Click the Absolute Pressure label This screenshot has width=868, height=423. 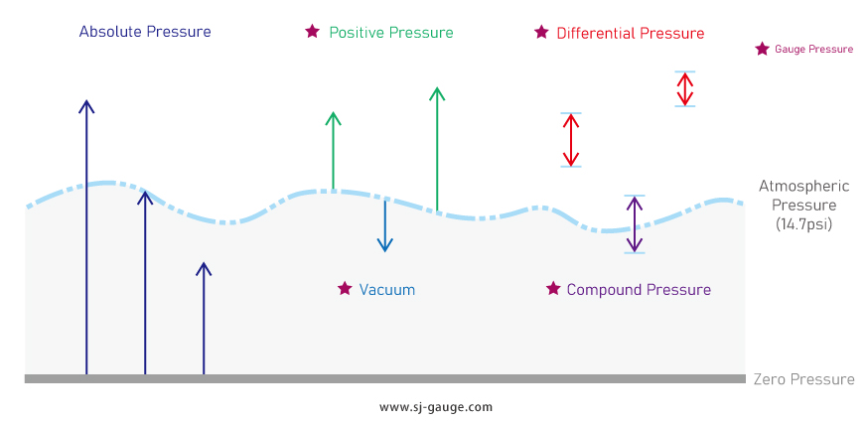(145, 31)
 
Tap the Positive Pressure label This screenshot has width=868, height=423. (390, 33)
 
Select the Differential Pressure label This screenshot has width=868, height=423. (630, 33)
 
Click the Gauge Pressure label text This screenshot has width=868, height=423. (813, 49)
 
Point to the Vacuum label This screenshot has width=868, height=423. (386, 290)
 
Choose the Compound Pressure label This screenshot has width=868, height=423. (639, 290)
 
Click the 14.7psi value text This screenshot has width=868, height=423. (803, 224)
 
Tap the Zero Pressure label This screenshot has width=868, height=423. (803, 379)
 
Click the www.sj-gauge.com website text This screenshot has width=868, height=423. (435, 407)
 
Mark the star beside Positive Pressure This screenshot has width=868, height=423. (313, 32)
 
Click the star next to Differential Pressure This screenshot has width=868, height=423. (541, 32)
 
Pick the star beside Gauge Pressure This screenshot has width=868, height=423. (762, 49)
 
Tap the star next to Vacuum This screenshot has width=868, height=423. (345, 289)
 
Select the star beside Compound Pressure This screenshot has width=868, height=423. (553, 289)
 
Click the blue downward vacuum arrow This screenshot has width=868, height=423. (385, 224)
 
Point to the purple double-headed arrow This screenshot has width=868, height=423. (635, 224)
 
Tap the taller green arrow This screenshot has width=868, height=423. (436, 149)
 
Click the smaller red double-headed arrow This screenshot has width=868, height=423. (684, 88)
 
